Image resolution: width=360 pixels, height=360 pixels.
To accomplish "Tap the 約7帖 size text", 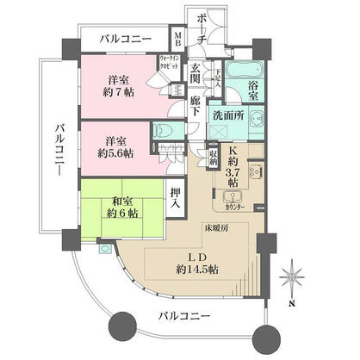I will pos(115,92).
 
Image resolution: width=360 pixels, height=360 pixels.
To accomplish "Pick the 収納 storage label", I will pos(212,158).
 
